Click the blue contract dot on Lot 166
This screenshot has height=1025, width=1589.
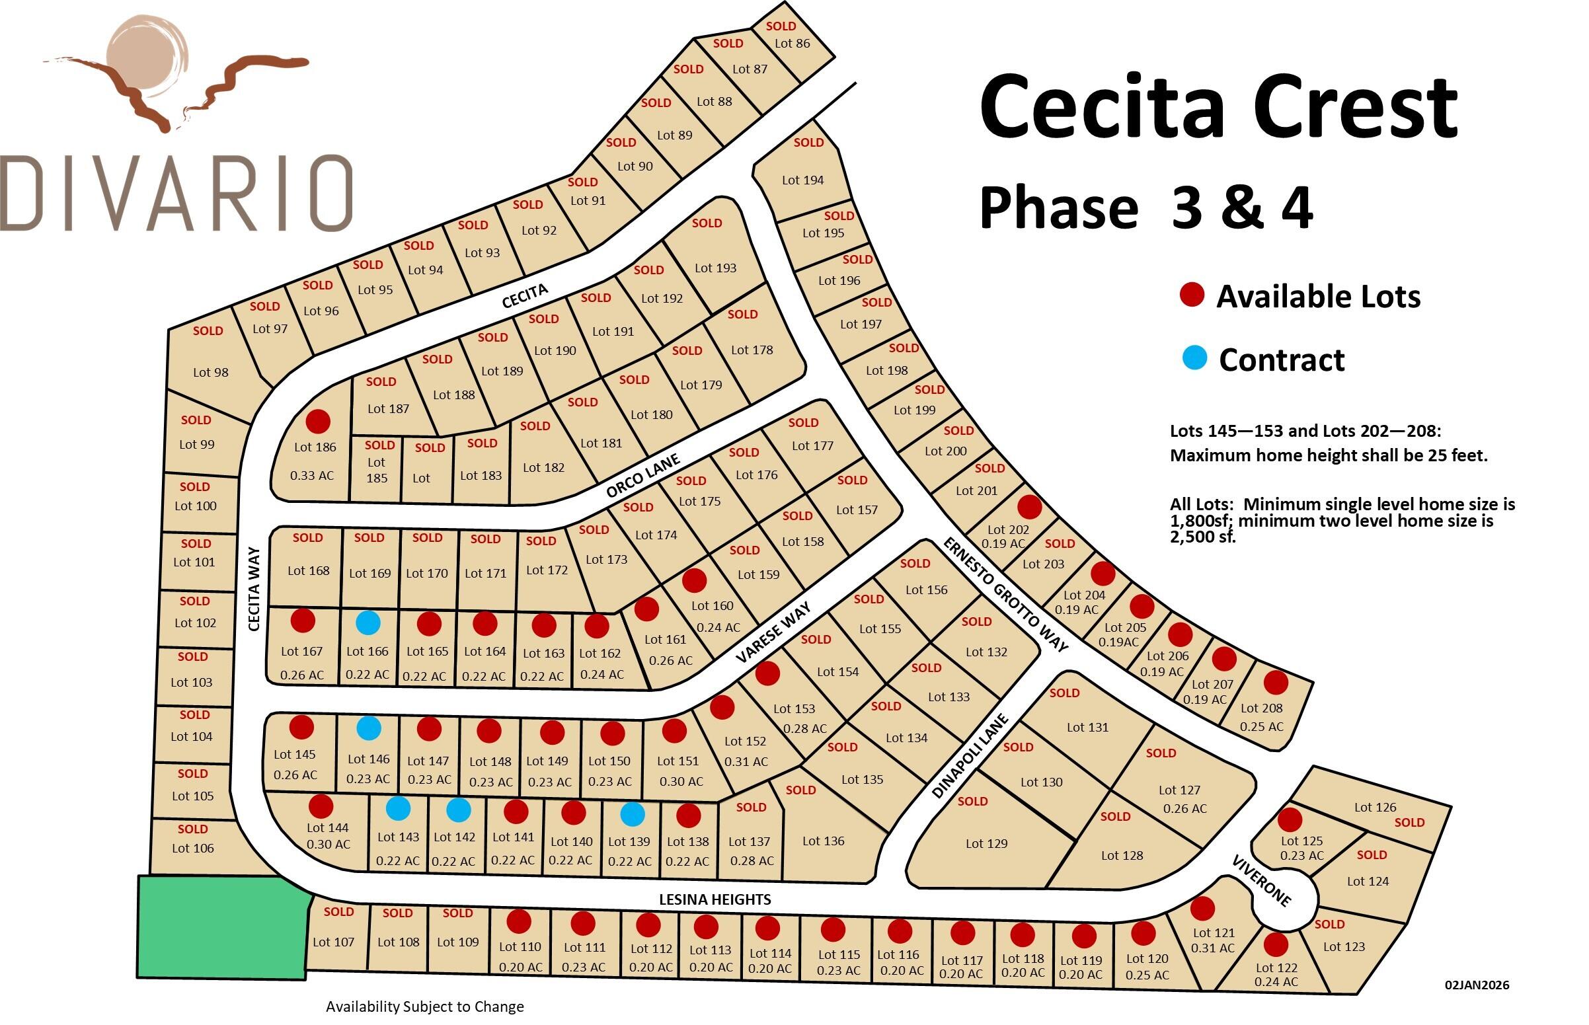368,623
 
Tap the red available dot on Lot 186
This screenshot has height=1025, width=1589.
317,422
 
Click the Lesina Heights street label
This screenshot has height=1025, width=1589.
715,900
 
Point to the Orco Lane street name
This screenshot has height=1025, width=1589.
642,475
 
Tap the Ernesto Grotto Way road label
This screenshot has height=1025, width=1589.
1005,594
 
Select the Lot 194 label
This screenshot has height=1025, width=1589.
802,180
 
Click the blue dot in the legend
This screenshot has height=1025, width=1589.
1194,358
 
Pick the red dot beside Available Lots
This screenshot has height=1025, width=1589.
1192,294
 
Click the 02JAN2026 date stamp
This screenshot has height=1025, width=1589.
1477,985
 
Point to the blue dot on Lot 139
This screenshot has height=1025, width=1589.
632,814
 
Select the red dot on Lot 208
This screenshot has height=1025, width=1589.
1276,683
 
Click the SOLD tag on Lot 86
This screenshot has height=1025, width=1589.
780,26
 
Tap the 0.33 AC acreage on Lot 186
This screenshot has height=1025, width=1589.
311,475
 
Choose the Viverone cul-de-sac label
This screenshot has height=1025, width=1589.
1260,881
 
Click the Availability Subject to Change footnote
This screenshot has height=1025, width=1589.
424,1006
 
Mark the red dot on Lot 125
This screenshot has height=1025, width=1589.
1290,819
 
